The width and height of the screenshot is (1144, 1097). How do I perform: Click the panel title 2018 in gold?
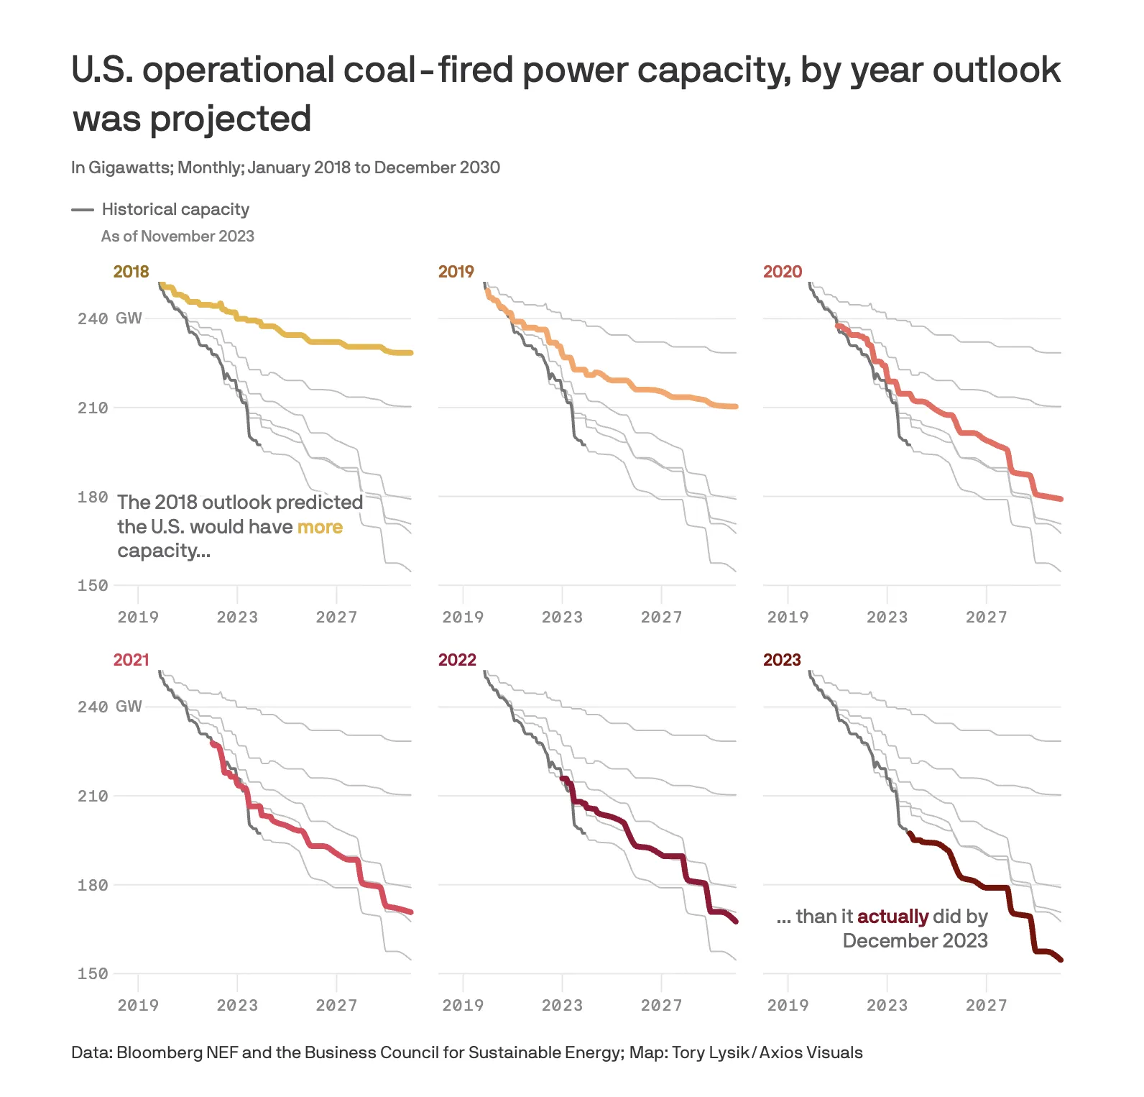131,272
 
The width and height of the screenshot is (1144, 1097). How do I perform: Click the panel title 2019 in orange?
456,272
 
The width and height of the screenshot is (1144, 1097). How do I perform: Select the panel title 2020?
782,272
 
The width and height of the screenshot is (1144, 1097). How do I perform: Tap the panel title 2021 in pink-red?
131,660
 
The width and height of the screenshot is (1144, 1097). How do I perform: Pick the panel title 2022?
457,660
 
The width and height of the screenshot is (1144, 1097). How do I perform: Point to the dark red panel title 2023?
782,660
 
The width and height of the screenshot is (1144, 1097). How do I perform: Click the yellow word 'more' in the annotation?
320,527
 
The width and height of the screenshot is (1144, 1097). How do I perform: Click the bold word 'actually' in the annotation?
892,917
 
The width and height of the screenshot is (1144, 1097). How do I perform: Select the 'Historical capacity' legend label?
175,209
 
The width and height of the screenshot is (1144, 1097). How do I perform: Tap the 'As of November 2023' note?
177,237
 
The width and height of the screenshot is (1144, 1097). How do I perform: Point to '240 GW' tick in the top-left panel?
109,318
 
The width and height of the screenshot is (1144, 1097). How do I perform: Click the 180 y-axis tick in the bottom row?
93,885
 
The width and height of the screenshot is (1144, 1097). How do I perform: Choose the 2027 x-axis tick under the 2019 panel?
661,618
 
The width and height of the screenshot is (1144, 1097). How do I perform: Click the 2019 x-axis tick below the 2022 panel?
463,1006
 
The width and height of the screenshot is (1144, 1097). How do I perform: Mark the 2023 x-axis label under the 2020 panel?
887,618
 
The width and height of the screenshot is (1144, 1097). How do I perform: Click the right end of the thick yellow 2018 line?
410,353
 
